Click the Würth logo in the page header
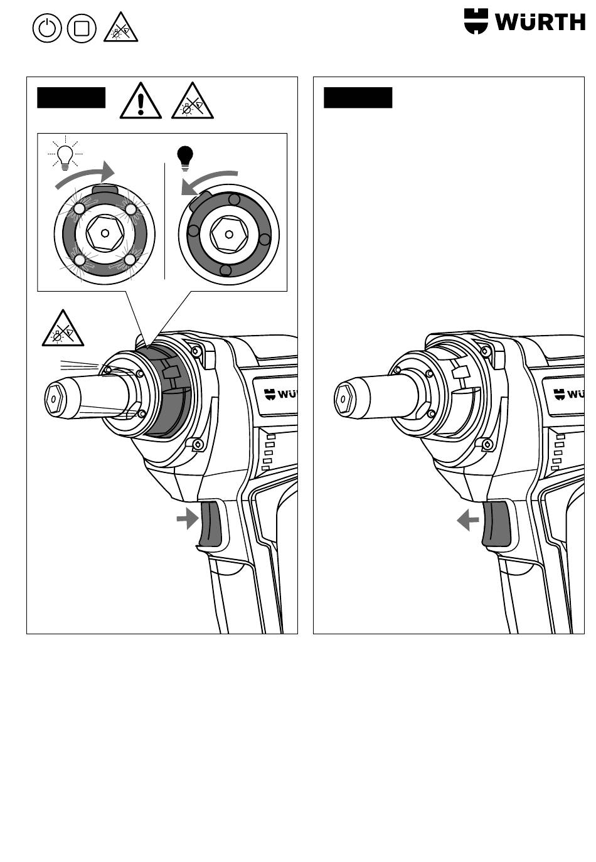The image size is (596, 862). (x=524, y=21)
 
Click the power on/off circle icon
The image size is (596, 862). (x=47, y=28)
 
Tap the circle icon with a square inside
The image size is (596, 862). (x=82, y=28)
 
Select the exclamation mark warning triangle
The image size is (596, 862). (x=141, y=100)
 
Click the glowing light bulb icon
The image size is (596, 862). (x=65, y=154)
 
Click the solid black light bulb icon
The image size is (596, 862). (x=185, y=158)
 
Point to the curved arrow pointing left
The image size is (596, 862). (x=208, y=183)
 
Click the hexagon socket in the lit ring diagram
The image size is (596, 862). (x=105, y=233)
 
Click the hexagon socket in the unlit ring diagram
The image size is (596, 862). (x=229, y=235)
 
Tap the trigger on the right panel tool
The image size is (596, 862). (x=496, y=524)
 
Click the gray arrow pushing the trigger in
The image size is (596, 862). (x=188, y=519)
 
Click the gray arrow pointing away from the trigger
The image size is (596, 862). (x=468, y=520)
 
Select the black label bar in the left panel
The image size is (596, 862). (x=71, y=98)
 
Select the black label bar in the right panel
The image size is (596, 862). (x=358, y=98)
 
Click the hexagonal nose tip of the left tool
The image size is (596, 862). (x=53, y=400)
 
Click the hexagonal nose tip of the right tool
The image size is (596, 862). (x=343, y=400)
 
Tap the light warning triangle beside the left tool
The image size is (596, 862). (x=63, y=328)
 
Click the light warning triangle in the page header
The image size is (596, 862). (x=121, y=27)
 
